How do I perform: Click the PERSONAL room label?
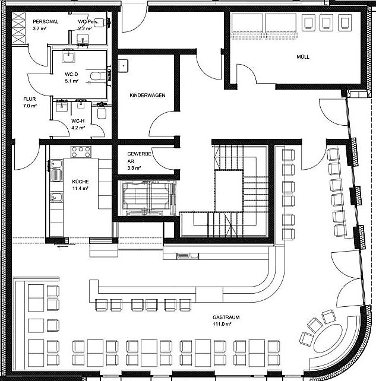[45, 21]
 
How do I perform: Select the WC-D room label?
[71, 74]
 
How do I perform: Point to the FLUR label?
[30, 99]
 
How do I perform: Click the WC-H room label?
[78, 121]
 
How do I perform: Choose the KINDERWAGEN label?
[147, 95]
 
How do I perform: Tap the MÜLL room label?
[304, 57]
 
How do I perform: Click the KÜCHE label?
[80, 181]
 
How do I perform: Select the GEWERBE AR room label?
[140, 157]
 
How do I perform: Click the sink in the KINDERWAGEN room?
[124, 64]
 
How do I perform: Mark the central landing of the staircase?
[229, 190]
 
